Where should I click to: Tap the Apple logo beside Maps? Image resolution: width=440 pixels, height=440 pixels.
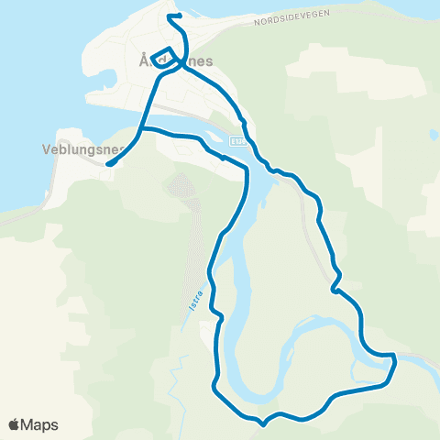[14, 424]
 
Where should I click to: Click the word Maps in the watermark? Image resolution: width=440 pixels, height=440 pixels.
[40, 424]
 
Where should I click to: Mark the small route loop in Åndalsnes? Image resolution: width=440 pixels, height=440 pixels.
[163, 56]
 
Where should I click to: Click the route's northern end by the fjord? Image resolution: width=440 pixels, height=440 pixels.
[170, 16]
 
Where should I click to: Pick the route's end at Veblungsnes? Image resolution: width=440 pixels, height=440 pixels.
[108, 164]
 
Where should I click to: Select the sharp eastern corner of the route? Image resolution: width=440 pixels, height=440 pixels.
[395, 359]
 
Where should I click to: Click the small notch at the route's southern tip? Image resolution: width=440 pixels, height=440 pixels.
[263, 424]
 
